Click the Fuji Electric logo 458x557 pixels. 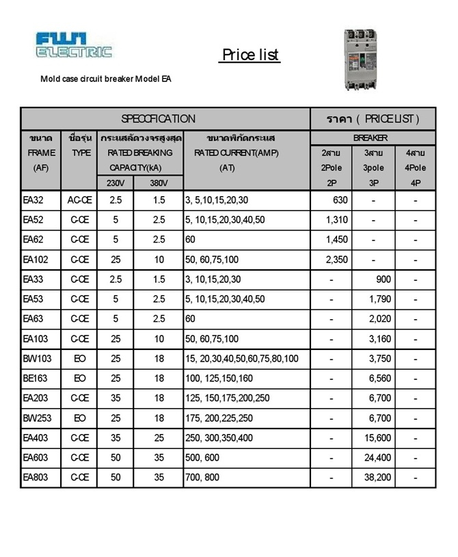[x=74, y=45]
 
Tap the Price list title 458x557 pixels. [x=250, y=55]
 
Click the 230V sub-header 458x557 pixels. [x=115, y=182]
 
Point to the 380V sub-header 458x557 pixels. [x=159, y=182]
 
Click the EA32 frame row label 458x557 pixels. [x=33, y=200]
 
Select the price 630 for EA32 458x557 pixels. [x=340, y=200]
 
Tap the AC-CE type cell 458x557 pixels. [x=80, y=200]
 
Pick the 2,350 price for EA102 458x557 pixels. [x=337, y=260]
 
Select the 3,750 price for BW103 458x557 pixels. [x=378, y=359]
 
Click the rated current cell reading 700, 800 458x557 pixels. [x=202, y=478]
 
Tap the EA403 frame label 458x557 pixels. [x=36, y=438]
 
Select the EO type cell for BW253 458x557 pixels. [x=80, y=418]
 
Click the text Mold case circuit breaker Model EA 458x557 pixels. [x=106, y=79]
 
